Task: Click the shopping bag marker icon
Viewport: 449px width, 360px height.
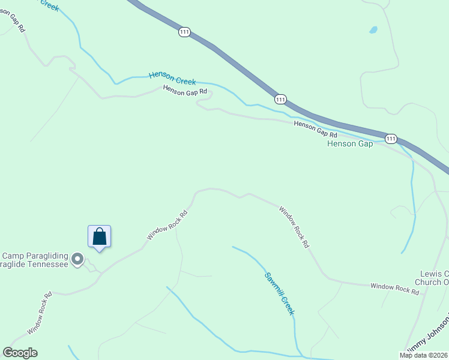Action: point(100,236)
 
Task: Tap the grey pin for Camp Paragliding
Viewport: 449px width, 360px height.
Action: point(77,259)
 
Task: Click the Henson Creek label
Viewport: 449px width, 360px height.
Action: point(173,77)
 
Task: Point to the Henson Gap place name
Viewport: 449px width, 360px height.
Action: point(350,144)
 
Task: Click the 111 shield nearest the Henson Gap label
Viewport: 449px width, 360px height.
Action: point(391,139)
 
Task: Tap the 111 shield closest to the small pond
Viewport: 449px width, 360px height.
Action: point(184,32)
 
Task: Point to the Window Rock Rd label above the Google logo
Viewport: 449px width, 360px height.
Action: point(39,314)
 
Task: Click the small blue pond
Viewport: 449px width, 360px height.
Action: point(373,29)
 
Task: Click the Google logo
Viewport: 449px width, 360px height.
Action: point(20,353)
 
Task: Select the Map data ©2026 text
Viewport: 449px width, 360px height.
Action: point(424,355)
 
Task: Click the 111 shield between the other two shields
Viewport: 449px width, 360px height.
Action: point(280,98)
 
